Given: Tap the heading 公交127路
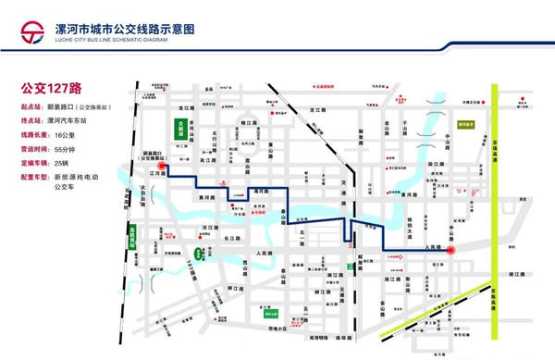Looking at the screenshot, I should [x=53, y=89].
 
